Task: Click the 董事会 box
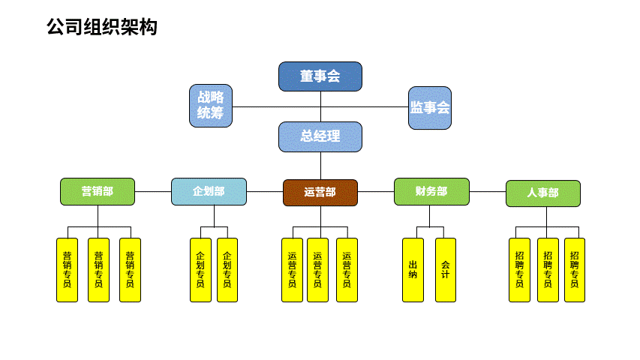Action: pos(320,76)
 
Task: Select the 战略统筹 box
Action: pos(211,106)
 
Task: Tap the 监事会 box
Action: pos(430,108)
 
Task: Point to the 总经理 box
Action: pos(320,136)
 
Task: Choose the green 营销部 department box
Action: pos(98,191)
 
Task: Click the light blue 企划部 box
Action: pos(209,191)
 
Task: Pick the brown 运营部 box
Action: pos(320,193)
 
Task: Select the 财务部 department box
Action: pos(432,191)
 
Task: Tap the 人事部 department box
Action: pos(543,193)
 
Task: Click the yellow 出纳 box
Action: pos(413,270)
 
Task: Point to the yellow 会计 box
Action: pos(446,270)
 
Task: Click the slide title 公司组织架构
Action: pos(102,27)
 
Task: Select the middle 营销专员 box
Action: pos(99,270)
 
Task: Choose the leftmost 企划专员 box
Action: pos(201,270)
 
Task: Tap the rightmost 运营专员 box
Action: pos(347,270)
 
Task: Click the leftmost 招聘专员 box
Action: pos(520,270)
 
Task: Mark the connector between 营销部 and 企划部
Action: pos(153,191)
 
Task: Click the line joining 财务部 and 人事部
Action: pos(488,191)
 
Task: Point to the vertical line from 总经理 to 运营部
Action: pos(321,166)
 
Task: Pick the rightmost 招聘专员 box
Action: pos(575,270)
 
